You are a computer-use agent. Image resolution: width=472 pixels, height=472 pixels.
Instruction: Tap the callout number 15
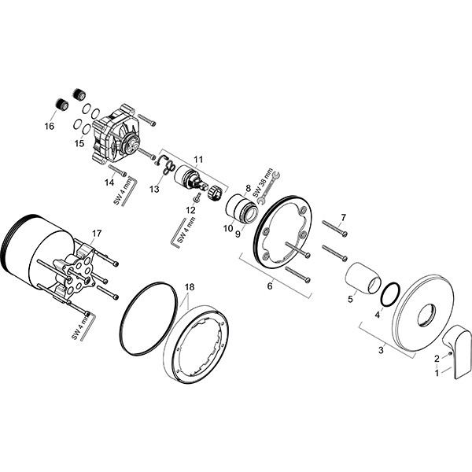tap(79, 143)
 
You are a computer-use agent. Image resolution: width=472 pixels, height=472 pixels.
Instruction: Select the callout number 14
tap(109, 182)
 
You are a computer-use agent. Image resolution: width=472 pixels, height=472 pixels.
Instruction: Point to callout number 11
tap(198, 160)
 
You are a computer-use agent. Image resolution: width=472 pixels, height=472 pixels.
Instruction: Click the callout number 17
tap(97, 233)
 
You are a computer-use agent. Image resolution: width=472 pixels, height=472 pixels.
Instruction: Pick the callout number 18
tap(189, 287)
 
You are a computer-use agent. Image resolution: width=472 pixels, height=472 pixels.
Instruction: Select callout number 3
tap(381, 350)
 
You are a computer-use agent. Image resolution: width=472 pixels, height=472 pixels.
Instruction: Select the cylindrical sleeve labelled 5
tap(360, 279)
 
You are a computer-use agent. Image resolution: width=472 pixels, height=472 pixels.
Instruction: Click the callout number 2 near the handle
tap(437, 359)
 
